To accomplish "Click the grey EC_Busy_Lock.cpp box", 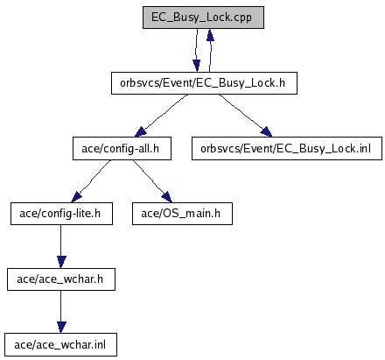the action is pyautogui.click(x=203, y=18).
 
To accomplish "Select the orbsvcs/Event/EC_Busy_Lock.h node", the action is pyautogui.click(x=204, y=83).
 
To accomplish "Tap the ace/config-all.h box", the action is pyautogui.click(x=122, y=149).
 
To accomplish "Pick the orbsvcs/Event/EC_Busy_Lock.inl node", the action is pyautogui.click(x=287, y=149).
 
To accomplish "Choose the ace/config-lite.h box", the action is pyautogui.click(x=61, y=214).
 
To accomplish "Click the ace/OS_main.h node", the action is pyautogui.click(x=182, y=214).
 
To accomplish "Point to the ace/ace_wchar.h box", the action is pyautogui.click(x=61, y=279).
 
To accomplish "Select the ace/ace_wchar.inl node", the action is pyautogui.click(x=60, y=345).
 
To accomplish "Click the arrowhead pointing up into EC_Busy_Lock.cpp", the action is pyautogui.click(x=210, y=34).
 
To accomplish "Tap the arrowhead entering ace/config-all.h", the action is pyautogui.click(x=141, y=132).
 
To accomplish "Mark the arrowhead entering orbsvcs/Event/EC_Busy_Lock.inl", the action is pyautogui.click(x=266, y=132).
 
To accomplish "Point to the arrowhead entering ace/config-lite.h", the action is pyautogui.click(x=76, y=197).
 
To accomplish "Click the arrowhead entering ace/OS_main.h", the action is pyautogui.click(x=166, y=197).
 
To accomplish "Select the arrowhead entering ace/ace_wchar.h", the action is pyautogui.click(x=61, y=262).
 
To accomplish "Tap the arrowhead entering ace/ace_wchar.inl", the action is pyautogui.click(x=61, y=328).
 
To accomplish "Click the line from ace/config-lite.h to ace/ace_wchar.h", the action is pyautogui.click(x=61, y=241).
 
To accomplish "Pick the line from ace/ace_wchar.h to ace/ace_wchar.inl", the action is pyautogui.click(x=61, y=306).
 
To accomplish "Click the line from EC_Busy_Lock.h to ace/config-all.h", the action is pyautogui.click(x=164, y=112).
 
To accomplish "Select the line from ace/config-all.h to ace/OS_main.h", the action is pyautogui.click(x=149, y=177).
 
